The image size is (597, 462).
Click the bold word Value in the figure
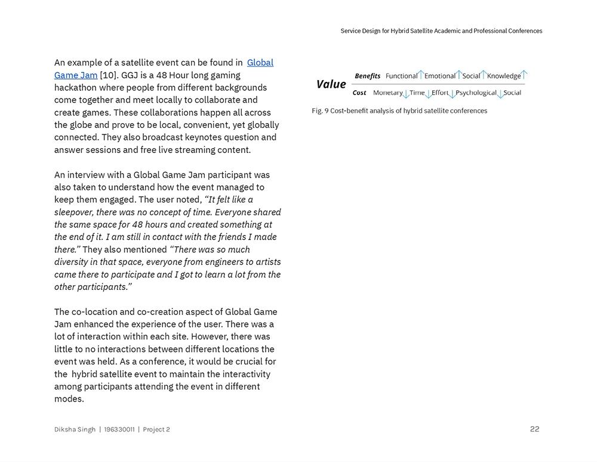point(331,84)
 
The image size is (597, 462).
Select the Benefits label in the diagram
point(367,76)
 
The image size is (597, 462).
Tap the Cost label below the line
point(359,93)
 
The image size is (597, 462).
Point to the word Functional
point(401,76)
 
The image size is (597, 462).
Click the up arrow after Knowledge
point(524,75)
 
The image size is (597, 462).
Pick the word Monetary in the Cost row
point(387,93)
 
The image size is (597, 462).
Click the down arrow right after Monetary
point(406,94)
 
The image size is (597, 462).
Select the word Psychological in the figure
point(476,93)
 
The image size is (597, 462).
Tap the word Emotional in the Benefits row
point(440,76)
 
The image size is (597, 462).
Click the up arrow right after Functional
point(421,75)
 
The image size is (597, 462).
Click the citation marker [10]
point(108,75)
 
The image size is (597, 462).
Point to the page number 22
point(534,429)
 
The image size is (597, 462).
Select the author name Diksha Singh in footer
point(75,429)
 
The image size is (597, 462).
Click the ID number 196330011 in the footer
point(119,429)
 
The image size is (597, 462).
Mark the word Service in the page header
point(350,31)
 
